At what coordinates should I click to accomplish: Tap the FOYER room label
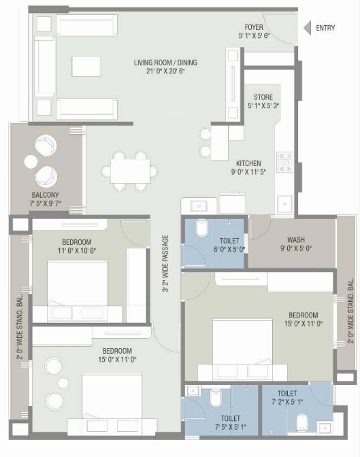click(x=254, y=27)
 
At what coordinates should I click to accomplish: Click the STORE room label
click(x=263, y=97)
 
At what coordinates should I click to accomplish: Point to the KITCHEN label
click(x=248, y=163)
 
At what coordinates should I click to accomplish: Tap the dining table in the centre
click(x=129, y=168)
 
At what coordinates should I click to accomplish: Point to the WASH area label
click(x=296, y=239)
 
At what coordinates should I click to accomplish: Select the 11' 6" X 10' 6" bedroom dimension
click(x=76, y=250)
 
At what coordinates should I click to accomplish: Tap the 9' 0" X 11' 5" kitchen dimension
click(x=248, y=172)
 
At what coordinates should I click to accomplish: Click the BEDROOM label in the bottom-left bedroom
click(x=117, y=332)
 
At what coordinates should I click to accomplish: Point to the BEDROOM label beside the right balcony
click(x=303, y=315)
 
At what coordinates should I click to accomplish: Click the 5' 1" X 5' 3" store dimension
click(x=263, y=105)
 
